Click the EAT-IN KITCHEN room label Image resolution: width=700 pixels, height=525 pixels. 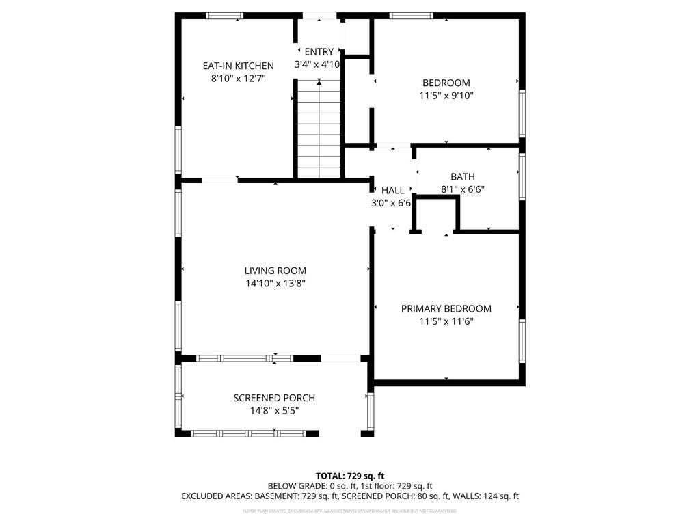[238, 66]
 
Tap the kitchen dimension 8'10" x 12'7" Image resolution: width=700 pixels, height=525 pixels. [238, 79]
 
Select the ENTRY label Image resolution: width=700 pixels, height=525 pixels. [319, 51]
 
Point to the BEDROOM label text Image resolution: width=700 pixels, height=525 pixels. [446, 83]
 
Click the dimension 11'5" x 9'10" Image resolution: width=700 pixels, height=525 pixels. [446, 96]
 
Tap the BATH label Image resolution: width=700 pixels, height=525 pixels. [462, 177]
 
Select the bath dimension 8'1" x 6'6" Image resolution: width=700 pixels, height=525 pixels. [462, 190]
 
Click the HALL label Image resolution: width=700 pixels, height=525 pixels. [392, 190]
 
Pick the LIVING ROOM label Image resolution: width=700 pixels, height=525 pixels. [275, 271]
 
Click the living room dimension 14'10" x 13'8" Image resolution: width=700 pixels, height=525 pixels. [275, 284]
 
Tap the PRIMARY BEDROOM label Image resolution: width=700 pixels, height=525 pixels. [446, 308]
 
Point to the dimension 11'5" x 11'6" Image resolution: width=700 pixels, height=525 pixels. [446, 321]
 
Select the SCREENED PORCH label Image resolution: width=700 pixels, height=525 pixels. [274, 398]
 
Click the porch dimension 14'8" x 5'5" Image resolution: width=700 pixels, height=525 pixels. [274, 411]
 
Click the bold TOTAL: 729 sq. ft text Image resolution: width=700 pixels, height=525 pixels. [350, 476]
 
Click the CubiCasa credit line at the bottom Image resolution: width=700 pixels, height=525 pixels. [350, 511]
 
